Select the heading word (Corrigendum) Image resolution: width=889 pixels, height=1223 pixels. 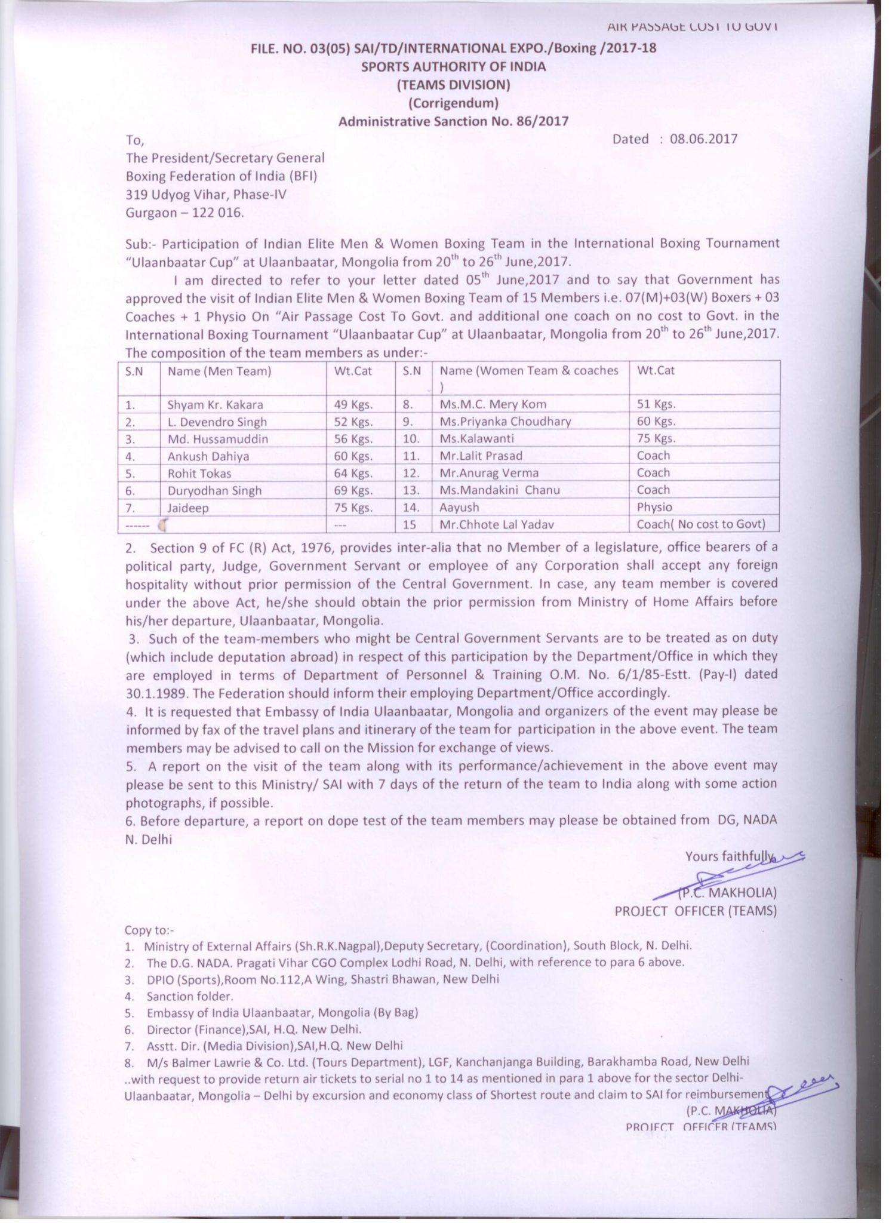(453, 103)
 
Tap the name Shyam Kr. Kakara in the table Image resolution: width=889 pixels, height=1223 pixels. (215, 404)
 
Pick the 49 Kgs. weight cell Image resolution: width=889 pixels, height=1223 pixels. (353, 404)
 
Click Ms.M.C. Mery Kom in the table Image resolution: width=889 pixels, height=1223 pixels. (493, 404)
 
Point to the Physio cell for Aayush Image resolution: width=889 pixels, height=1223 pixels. (654, 507)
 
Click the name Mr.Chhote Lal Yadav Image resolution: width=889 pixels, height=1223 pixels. (497, 524)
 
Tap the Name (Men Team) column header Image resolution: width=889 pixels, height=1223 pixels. (219, 371)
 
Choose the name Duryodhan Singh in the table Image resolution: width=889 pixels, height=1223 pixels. (214, 490)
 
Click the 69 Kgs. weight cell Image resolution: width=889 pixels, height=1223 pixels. (353, 490)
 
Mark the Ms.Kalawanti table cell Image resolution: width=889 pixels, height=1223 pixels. (476, 438)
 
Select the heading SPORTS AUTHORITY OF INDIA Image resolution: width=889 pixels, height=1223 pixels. (453, 66)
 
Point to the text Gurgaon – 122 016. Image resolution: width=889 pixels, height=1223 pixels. (184, 213)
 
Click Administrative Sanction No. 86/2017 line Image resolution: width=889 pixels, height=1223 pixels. (453, 121)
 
